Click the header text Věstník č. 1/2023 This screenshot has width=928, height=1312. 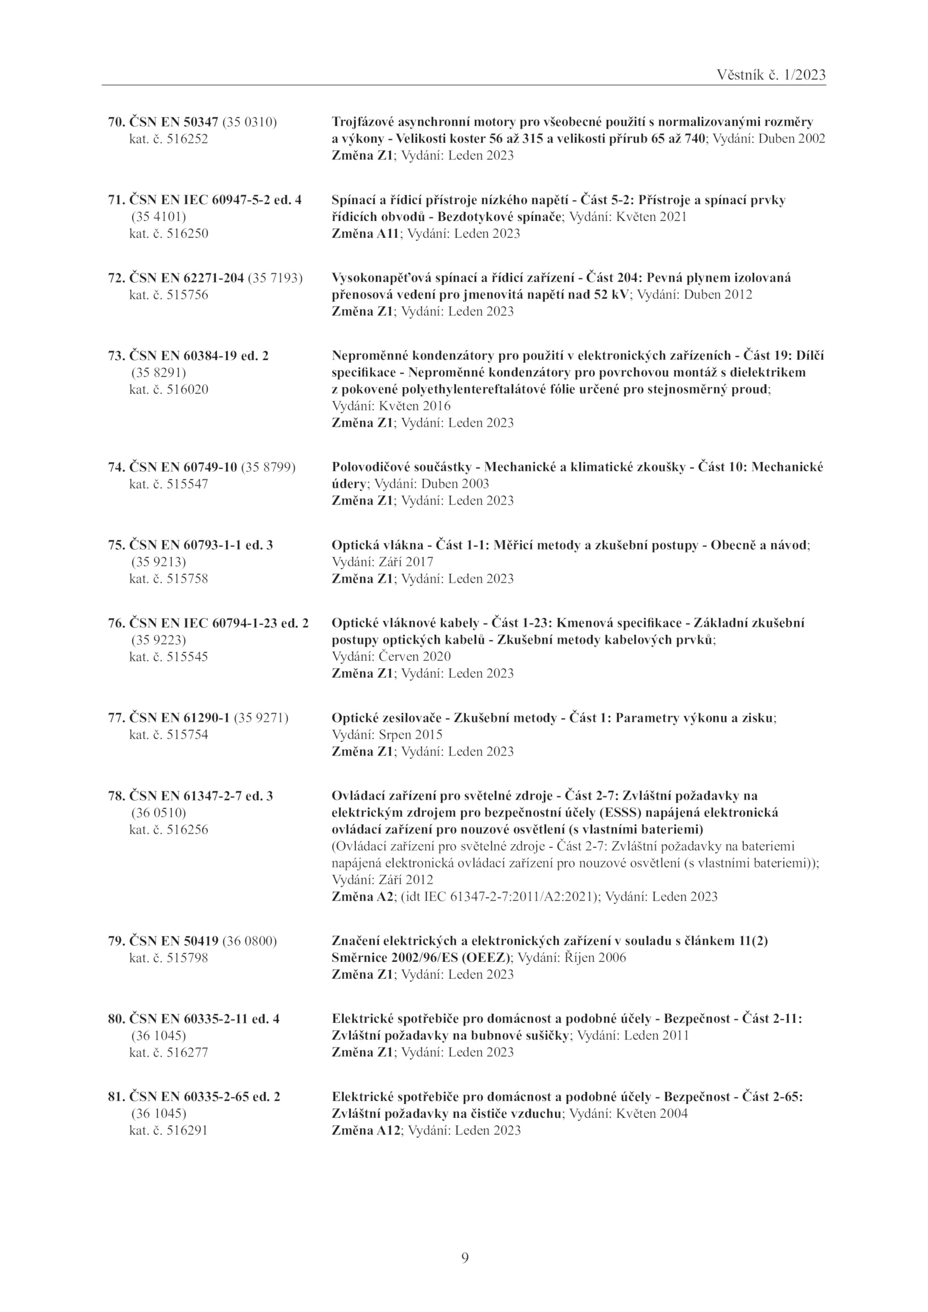(771, 75)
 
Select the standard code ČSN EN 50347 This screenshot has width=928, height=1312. (173, 122)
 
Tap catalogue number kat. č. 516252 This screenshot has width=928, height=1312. (168, 139)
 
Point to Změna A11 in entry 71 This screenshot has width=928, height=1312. (365, 234)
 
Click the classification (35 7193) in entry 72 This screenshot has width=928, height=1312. (275, 278)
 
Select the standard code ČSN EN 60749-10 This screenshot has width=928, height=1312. (183, 467)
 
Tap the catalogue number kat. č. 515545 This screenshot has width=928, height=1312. (168, 657)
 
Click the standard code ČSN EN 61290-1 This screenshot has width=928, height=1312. (180, 718)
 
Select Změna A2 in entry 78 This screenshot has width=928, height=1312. (362, 897)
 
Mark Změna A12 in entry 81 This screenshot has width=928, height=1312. (366, 1131)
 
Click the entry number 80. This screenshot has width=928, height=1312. (116, 1019)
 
